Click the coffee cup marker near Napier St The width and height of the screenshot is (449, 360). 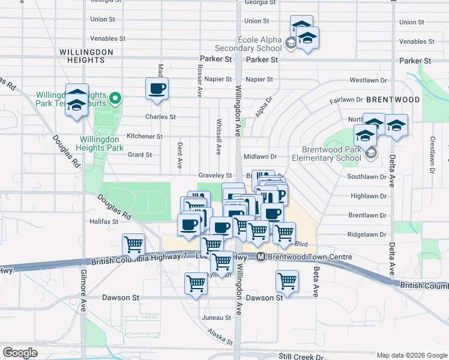(157, 89)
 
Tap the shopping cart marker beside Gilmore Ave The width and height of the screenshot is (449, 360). (133, 244)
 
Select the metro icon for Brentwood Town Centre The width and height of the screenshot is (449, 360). (261, 257)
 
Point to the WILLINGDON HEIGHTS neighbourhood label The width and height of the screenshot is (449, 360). (86, 56)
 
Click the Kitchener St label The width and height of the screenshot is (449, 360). (144, 136)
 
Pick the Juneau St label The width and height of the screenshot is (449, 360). (217, 317)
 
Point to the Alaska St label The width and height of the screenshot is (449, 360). (220, 336)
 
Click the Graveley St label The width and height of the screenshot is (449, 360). (215, 175)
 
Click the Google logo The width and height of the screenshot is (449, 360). (20, 352)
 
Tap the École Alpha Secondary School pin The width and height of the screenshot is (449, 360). (290, 43)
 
